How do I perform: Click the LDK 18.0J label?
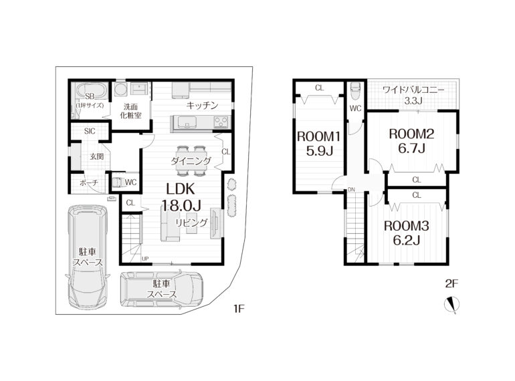tap(181, 197)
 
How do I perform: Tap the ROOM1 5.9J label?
tap(318, 144)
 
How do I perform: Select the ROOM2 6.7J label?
tap(411, 141)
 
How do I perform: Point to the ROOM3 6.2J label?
tap(407, 233)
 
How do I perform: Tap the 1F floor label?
tap(239, 308)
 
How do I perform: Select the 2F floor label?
tap(451, 283)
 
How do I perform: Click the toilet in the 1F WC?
tap(118, 182)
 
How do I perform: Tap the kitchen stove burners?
tap(221, 123)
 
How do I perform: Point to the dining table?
tap(191, 160)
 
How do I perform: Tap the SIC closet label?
tap(90, 131)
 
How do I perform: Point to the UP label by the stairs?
tap(145, 259)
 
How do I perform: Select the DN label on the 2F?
tap(351, 189)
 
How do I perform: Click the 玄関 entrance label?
tap(97, 156)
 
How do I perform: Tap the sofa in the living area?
tap(170, 227)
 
